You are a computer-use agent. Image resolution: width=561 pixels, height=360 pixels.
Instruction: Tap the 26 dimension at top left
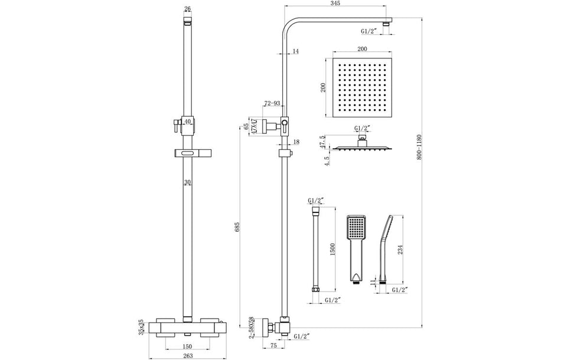(x=188, y=8)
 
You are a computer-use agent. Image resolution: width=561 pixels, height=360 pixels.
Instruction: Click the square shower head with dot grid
(x=358, y=89)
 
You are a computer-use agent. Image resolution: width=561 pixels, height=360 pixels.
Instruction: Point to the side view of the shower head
(x=359, y=145)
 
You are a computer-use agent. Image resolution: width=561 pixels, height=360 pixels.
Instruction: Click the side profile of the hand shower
(x=386, y=248)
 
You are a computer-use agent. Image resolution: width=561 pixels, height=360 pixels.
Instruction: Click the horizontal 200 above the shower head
(x=358, y=51)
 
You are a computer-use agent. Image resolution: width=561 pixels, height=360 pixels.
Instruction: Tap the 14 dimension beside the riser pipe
(x=296, y=52)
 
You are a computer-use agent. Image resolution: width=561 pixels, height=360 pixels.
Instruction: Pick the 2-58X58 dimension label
(x=252, y=326)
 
